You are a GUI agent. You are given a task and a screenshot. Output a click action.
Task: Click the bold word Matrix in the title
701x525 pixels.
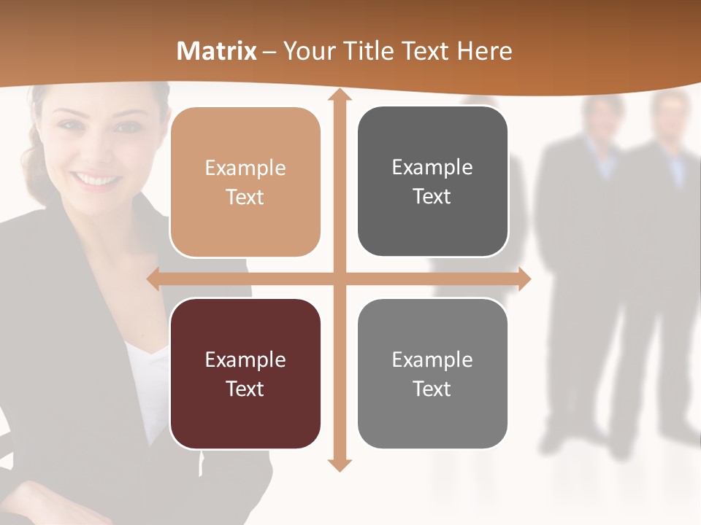[217, 51]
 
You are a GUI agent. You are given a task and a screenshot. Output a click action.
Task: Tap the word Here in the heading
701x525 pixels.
[485, 51]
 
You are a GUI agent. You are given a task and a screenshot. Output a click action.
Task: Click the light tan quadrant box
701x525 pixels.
[245, 182]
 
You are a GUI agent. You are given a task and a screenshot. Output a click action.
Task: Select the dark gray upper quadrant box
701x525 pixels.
[432, 182]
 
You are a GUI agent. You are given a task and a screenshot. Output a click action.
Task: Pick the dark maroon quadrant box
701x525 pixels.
[245, 373]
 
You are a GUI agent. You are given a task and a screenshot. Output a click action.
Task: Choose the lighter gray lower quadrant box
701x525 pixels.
[432, 373]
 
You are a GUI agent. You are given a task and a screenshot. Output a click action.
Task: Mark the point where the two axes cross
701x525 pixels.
[339, 279]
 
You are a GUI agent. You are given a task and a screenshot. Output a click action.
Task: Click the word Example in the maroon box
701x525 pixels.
[245, 359]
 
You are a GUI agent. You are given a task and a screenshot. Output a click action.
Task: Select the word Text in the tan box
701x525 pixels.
[245, 197]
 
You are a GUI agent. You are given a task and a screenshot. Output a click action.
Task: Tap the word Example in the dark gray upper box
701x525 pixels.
[432, 168]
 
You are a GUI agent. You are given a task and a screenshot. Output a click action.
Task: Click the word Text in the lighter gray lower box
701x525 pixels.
[432, 389]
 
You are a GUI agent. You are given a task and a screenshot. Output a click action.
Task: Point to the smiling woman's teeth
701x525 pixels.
[95, 179]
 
